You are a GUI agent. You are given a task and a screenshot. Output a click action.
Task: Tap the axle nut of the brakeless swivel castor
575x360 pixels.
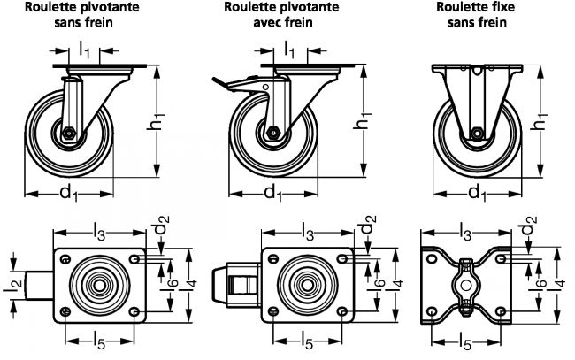(x=69, y=134)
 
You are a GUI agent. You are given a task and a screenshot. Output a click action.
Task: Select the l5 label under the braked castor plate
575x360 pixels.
(x=304, y=340)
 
